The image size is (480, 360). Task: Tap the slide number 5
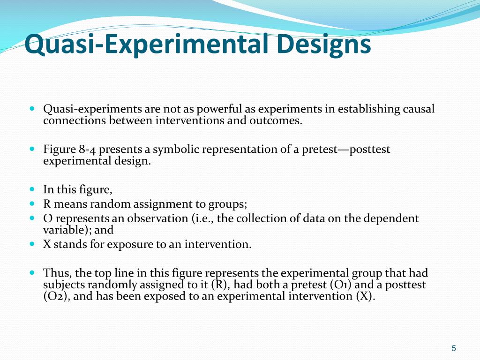pyautogui.click(x=453, y=348)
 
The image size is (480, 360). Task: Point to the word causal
pyautogui.click(x=419, y=109)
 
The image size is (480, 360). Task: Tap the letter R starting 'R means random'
pyautogui.click(x=47, y=204)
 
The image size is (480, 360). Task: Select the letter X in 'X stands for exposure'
pyautogui.click(x=47, y=244)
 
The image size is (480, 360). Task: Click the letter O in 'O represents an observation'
pyautogui.click(x=47, y=218)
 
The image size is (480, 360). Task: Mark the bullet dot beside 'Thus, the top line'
pyautogui.click(x=32, y=272)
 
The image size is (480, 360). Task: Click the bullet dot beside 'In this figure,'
pyautogui.click(x=32, y=190)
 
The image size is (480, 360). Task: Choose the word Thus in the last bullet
pyautogui.click(x=54, y=273)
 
